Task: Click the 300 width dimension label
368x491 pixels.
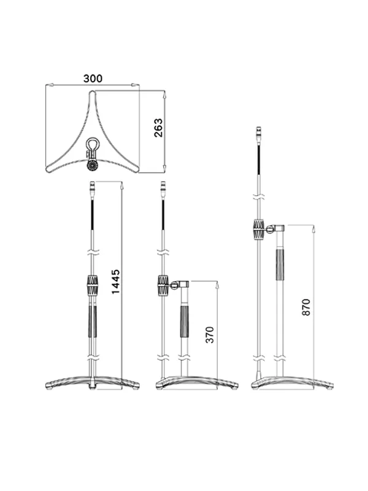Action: [x=93, y=79]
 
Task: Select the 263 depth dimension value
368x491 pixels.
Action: [x=158, y=128]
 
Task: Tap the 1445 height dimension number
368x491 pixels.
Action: [x=115, y=282]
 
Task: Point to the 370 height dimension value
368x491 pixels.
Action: [x=210, y=334]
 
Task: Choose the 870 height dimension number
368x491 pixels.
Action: [x=306, y=307]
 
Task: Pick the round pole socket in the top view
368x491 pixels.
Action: [x=93, y=164]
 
